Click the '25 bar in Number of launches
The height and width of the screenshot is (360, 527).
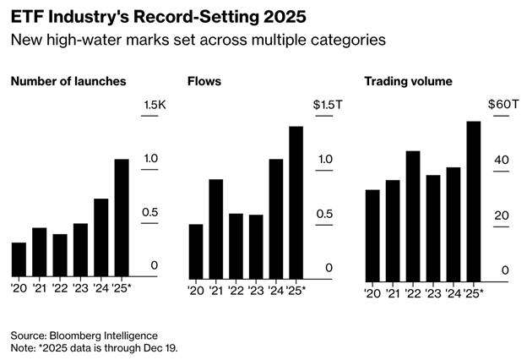pyautogui.click(x=122, y=218)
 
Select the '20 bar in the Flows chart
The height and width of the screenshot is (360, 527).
pyautogui.click(x=196, y=251)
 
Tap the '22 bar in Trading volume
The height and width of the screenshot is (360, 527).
pyautogui.click(x=413, y=215)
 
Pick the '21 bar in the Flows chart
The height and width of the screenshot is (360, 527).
pyautogui.click(x=215, y=228)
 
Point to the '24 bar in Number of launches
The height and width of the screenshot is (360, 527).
pyautogui.click(x=101, y=237)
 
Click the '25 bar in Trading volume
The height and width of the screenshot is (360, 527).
pyautogui.click(x=474, y=200)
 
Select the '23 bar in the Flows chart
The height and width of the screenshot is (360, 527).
pyautogui.click(x=256, y=246)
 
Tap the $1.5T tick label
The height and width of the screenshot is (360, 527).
pyautogui.click(x=327, y=104)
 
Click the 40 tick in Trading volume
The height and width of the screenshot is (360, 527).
pyautogui.click(x=501, y=160)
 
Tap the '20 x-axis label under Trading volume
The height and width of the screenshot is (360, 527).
pyautogui.click(x=372, y=292)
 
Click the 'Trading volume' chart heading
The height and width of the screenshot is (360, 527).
pyautogui.click(x=408, y=81)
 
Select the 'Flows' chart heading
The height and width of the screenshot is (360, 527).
pyautogui.click(x=203, y=81)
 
